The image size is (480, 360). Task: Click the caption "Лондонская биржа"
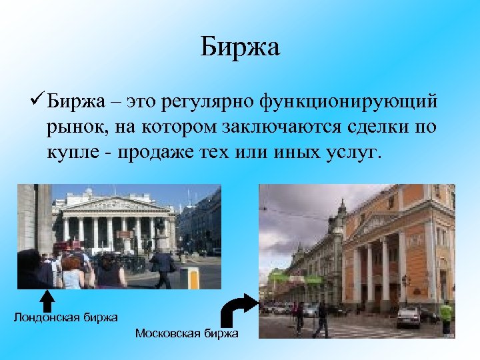coord(66,317)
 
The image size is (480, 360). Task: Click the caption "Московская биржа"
coord(186,333)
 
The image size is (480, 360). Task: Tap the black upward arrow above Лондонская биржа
coord(47,300)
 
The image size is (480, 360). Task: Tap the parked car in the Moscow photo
coord(408,317)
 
